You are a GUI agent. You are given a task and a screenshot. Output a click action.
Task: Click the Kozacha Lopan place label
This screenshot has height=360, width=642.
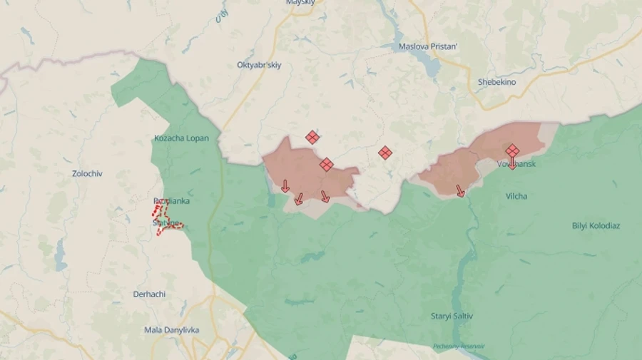click(181, 138)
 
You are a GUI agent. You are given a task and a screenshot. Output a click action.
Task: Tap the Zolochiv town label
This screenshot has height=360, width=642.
click(87, 173)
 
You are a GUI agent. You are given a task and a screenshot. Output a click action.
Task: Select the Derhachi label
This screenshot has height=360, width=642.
click(150, 294)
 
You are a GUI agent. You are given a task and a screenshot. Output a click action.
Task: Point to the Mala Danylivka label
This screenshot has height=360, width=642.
click(172, 330)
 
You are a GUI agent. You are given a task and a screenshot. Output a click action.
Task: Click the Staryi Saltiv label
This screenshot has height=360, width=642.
click(452, 316)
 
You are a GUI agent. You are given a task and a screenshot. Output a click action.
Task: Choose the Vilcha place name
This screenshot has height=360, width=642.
click(516, 196)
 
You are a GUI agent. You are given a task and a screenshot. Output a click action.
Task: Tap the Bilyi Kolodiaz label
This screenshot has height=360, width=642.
click(596, 226)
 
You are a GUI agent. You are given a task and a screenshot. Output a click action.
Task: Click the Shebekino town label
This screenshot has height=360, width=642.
click(496, 82)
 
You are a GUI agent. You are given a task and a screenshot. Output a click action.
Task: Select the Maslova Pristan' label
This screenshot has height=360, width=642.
click(428, 47)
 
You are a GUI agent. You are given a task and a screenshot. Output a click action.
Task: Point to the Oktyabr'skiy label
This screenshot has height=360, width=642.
click(259, 65)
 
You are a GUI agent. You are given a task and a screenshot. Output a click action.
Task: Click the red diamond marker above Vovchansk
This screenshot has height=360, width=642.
click(512, 150)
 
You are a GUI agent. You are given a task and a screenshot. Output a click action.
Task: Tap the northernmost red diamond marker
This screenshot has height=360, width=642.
click(312, 137)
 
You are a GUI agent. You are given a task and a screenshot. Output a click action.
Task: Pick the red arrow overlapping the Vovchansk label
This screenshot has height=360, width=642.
click(512, 165)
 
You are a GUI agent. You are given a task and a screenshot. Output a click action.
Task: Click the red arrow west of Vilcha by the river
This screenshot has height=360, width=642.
click(460, 190)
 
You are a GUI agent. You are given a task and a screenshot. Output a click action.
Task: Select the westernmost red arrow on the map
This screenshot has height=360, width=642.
click(285, 186)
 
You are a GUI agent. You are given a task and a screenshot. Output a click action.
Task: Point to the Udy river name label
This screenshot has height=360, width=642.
click(221, 16)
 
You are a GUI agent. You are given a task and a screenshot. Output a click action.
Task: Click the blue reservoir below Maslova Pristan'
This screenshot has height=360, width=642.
click(431, 65)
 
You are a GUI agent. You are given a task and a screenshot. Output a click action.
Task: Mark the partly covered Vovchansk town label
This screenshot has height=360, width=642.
click(524, 165)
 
